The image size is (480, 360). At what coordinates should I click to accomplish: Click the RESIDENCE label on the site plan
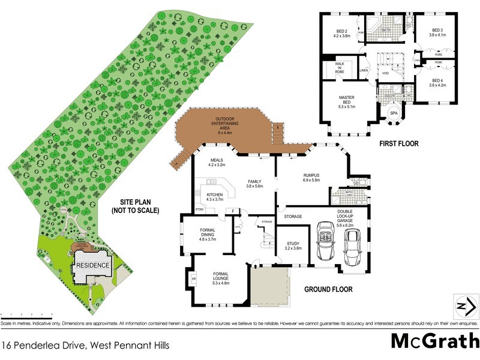92,265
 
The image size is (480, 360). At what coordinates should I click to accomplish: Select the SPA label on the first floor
394,113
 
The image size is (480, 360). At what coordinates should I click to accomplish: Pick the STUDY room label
292,245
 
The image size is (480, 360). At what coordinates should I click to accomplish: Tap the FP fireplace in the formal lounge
194,280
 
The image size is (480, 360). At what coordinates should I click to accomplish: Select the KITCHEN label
215,196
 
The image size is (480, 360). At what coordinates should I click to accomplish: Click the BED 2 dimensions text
342,35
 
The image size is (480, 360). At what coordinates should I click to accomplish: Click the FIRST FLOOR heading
399,144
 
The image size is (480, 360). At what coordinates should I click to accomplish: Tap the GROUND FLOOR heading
328,289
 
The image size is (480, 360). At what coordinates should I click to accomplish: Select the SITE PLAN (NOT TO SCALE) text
134,206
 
